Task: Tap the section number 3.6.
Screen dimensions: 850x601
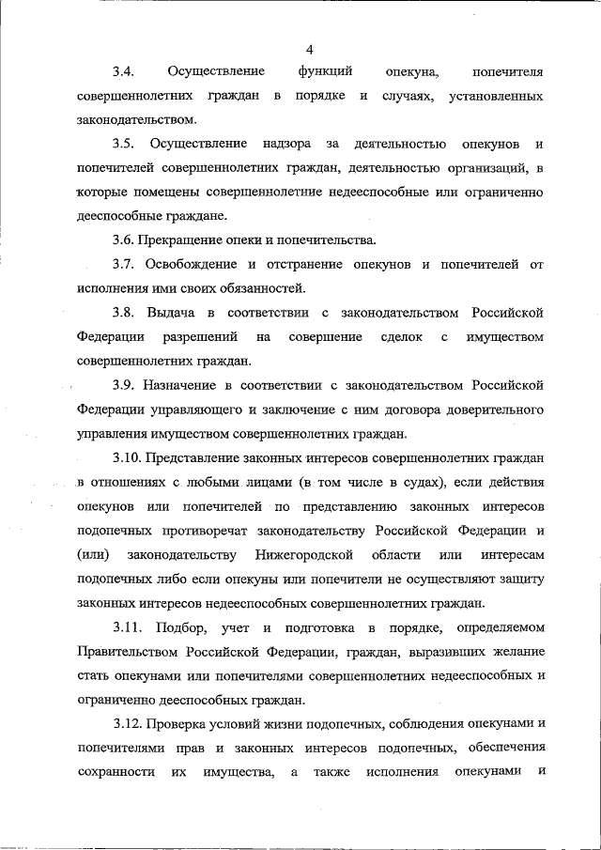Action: [124, 239]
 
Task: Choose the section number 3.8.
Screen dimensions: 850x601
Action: [124, 311]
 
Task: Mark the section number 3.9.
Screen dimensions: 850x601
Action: [124, 384]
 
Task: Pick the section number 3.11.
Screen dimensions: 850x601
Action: [128, 626]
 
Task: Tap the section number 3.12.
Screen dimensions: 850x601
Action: [128, 722]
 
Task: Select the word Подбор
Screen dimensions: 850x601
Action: [179, 626]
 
